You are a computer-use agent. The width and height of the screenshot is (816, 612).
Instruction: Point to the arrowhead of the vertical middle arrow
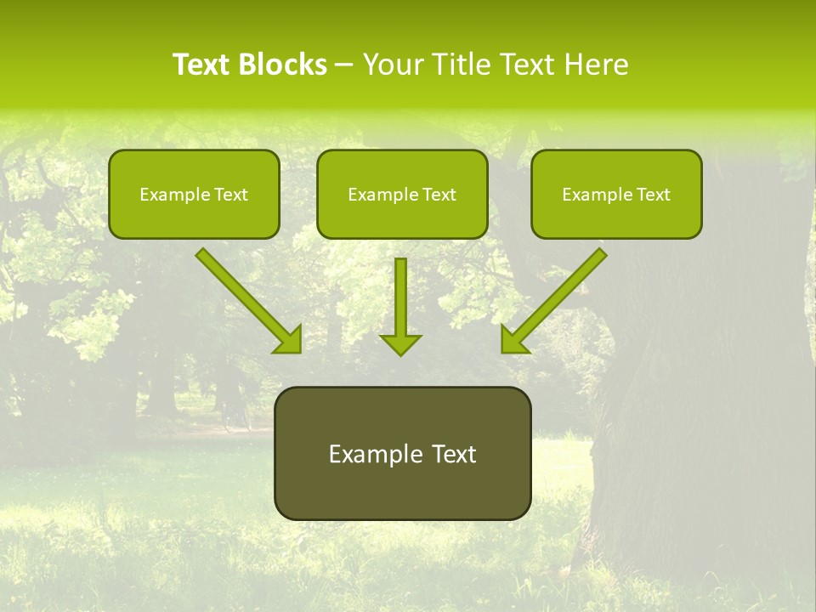pos(400,343)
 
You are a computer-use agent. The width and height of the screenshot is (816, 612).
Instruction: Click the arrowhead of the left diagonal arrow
pos(289,340)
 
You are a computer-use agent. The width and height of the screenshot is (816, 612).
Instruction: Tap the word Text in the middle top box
pos(439,195)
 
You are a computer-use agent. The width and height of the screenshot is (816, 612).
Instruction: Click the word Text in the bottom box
pos(454,454)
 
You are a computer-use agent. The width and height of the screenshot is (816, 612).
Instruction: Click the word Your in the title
pos(390,65)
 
